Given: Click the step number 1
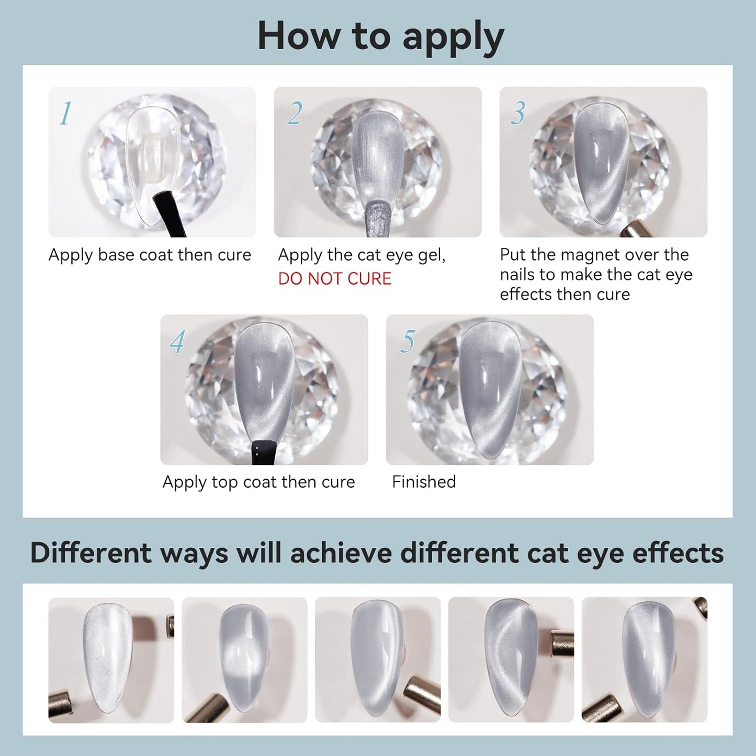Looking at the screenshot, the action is [66, 113].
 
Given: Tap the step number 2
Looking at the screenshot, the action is [295, 113].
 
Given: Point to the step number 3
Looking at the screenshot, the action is [517, 113].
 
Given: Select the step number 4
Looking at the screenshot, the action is [177, 341].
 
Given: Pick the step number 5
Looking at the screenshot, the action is [408, 341].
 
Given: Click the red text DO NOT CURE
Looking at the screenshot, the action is [335, 278].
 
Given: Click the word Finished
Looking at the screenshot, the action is [424, 482].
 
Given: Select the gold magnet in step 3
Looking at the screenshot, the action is [636, 229].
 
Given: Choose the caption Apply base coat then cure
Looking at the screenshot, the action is [150, 255].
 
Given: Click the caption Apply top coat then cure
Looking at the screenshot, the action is [258, 482].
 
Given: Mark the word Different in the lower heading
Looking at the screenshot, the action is [91, 553].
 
